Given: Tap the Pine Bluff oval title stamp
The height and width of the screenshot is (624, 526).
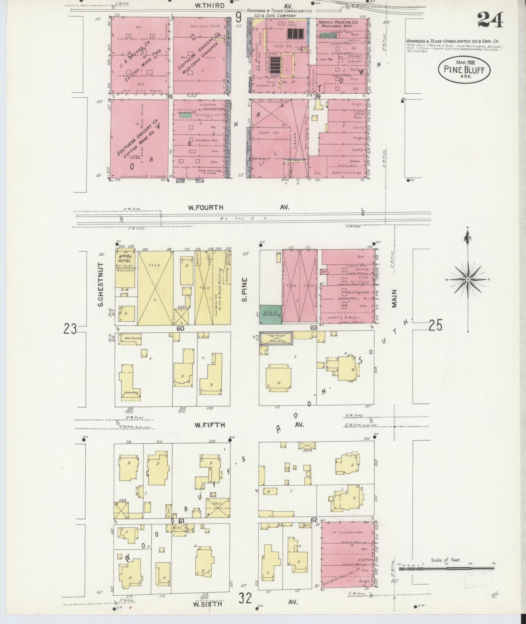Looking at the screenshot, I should pyautogui.click(x=464, y=69).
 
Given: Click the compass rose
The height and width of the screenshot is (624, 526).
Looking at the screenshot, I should pyautogui.click(x=468, y=280).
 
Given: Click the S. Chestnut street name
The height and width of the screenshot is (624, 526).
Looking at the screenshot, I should pyautogui.click(x=100, y=284).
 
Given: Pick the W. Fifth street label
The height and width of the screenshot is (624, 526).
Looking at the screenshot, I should pyautogui.click(x=210, y=425).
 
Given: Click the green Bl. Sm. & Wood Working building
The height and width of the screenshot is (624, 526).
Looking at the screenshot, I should pyautogui.click(x=270, y=314).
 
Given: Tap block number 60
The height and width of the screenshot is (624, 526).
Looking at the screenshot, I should pyautogui.click(x=180, y=328).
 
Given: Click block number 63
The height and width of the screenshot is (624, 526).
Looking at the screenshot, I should pyautogui.click(x=314, y=328).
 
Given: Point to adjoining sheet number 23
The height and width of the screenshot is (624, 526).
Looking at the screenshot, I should pyautogui.click(x=70, y=329).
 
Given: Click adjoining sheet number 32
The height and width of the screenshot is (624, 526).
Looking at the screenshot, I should pyautogui.click(x=245, y=599).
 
